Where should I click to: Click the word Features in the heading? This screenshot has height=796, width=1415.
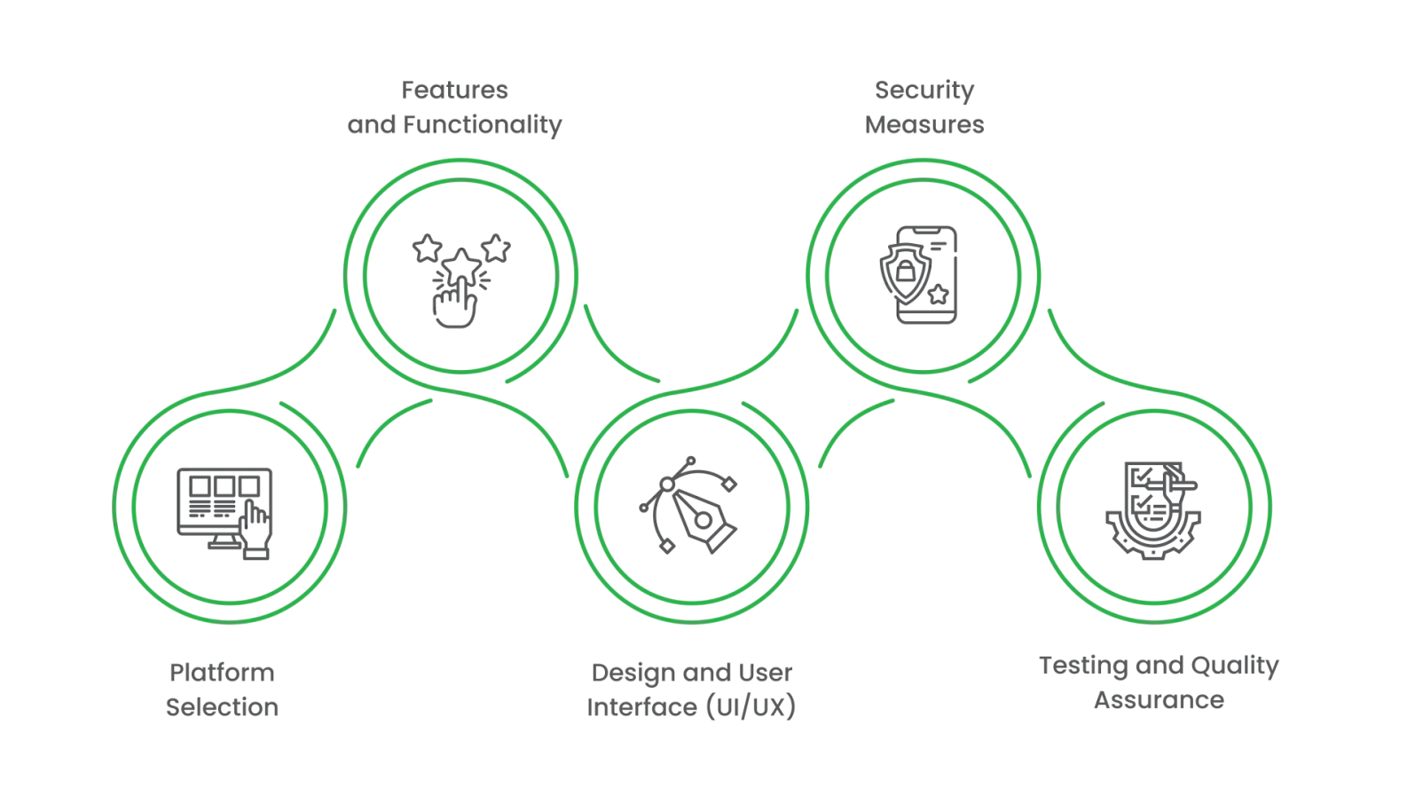point(454,91)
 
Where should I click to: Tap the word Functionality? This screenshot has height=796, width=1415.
point(483,125)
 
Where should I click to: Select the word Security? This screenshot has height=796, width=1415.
point(924,91)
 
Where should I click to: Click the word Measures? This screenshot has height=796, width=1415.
point(924,125)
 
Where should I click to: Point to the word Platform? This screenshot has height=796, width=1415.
point(222,673)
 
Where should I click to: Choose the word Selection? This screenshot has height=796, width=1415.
point(222,707)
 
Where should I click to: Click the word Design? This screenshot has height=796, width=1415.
point(631,673)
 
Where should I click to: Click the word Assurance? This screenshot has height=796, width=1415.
point(1159,700)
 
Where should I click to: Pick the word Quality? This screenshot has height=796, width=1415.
point(1235,666)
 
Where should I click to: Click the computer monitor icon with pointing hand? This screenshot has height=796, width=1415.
point(225,513)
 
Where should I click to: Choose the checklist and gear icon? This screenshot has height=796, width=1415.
point(1152,510)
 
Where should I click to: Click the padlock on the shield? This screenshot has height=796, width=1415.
point(904,270)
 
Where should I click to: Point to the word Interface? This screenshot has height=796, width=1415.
point(641,707)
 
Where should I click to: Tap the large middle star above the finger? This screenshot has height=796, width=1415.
point(461,264)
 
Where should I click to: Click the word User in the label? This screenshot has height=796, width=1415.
point(765,673)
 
